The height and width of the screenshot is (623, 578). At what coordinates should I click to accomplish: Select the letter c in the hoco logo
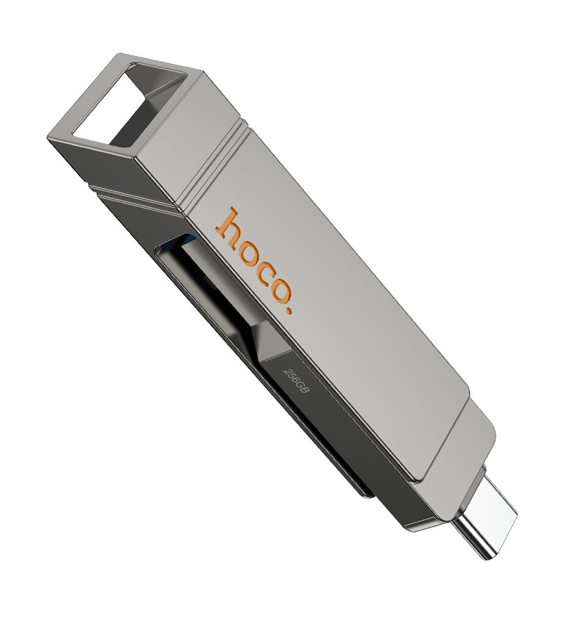coord(266,271)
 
